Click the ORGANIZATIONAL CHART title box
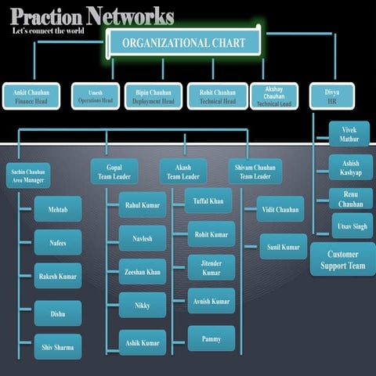tap(184, 42)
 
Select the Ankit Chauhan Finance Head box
tap(31, 96)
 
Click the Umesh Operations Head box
tap(95, 96)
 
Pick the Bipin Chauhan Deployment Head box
tap(153, 96)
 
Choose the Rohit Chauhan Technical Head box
tap(217, 96)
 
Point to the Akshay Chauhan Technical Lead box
tap(274, 96)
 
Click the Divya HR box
tap(332, 96)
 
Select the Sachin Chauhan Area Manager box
tap(27, 175)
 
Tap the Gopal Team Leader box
tap(114, 171)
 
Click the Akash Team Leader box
tap(183, 171)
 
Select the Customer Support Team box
tap(342, 259)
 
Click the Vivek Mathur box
tap(349, 134)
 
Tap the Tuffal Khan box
tap(208, 201)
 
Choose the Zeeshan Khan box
tap(143, 271)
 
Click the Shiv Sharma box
tap(57, 346)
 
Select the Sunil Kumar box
tap(284, 247)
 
